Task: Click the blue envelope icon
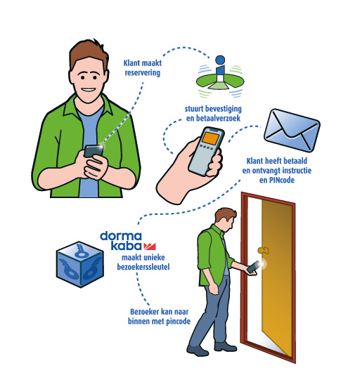coord(292,130)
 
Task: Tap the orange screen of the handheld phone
coord(210,138)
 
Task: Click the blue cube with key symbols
coord(80,264)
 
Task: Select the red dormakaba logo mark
coord(150,247)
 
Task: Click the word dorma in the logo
coord(121,236)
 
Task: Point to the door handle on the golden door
coord(263,250)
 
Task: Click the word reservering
coord(143,72)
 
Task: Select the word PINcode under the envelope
coord(282,180)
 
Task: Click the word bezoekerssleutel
coord(143,267)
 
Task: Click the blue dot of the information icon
coord(220,60)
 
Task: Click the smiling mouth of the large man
coord(88,90)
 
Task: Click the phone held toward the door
coord(254,267)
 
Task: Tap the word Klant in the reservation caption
coord(131,63)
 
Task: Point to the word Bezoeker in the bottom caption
coord(144,312)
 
